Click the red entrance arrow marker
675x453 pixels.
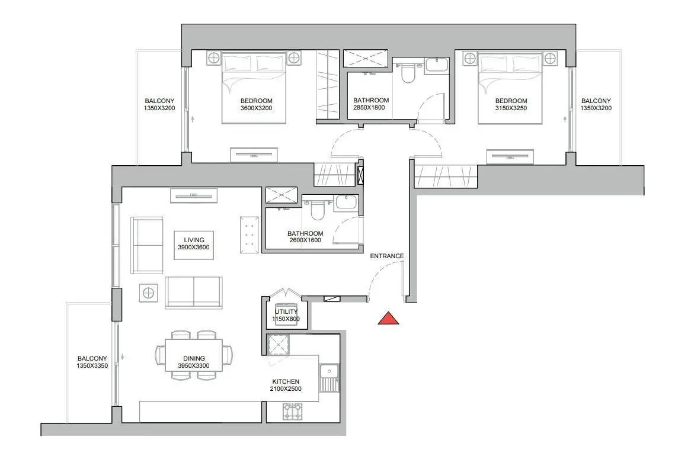[x=388, y=319]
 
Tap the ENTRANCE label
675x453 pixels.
[x=387, y=256]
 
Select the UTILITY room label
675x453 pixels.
[x=286, y=311]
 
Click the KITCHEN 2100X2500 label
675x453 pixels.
[x=286, y=385]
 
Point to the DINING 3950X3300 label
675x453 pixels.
[x=194, y=362]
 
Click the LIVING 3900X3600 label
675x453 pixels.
[x=194, y=243]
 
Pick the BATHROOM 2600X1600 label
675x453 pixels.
[x=305, y=237]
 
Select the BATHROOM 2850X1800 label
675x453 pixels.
[x=371, y=104]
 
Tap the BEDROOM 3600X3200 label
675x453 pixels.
[x=256, y=105]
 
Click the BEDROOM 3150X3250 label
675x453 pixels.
[x=511, y=105]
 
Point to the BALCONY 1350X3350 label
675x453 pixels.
[x=92, y=362]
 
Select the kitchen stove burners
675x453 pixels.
[x=293, y=412]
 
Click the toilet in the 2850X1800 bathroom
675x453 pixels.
[x=407, y=73]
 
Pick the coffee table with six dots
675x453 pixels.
[x=249, y=234]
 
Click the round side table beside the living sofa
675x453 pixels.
[x=148, y=293]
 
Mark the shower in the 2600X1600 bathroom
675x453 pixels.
[x=281, y=195]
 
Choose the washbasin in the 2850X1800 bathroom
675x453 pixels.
[x=437, y=65]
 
